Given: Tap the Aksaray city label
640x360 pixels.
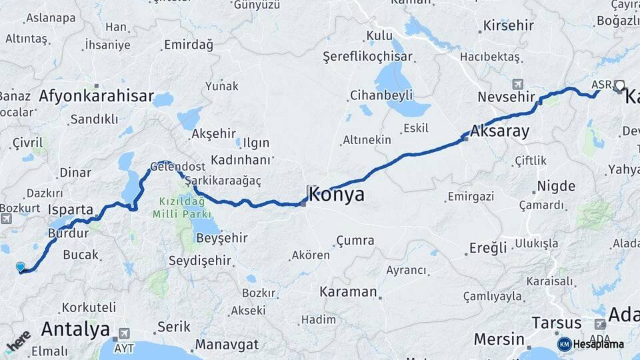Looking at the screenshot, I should [500, 131].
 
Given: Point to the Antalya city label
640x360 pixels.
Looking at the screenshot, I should [75, 329].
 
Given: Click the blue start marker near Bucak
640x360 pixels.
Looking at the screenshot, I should [21, 267].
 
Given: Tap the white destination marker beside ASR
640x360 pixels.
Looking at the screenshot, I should [619, 85].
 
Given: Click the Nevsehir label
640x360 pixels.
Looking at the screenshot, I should [507, 97].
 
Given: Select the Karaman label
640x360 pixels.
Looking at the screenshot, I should [348, 292].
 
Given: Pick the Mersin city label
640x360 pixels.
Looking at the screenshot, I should [499, 339].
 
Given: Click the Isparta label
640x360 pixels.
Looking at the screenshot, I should [71, 209].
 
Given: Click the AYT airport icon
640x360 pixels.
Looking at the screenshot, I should [125, 333].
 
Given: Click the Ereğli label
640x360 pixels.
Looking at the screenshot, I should [488, 248].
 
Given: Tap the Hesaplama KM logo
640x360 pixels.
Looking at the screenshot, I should [590, 344].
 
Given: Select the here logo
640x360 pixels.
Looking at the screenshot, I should [19, 341].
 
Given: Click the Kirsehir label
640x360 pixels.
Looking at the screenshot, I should [509, 25].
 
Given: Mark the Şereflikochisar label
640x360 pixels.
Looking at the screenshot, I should [367, 57].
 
